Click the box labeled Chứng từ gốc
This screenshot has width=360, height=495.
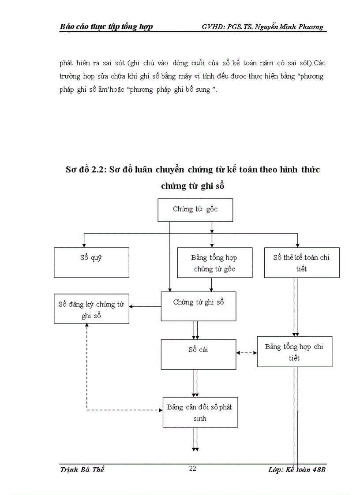(195, 210)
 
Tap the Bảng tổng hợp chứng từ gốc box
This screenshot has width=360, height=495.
(215, 263)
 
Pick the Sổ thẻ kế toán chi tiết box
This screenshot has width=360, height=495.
(302, 263)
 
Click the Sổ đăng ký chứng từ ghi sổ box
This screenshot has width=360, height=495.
(91, 309)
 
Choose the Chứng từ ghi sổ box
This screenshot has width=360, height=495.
(198, 307)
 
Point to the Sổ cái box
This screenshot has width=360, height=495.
(198, 354)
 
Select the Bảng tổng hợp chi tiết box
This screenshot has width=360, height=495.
(294, 352)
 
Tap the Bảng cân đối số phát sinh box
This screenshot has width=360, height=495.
(200, 412)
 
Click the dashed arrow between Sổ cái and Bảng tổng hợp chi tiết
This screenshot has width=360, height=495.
(247, 353)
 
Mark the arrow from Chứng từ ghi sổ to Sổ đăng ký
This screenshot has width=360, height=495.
(145, 306)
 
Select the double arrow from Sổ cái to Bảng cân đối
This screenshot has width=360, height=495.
(195, 383)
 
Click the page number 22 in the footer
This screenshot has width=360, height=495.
(192, 468)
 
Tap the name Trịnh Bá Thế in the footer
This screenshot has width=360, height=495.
(82, 470)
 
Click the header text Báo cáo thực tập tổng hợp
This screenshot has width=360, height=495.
(106, 27)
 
